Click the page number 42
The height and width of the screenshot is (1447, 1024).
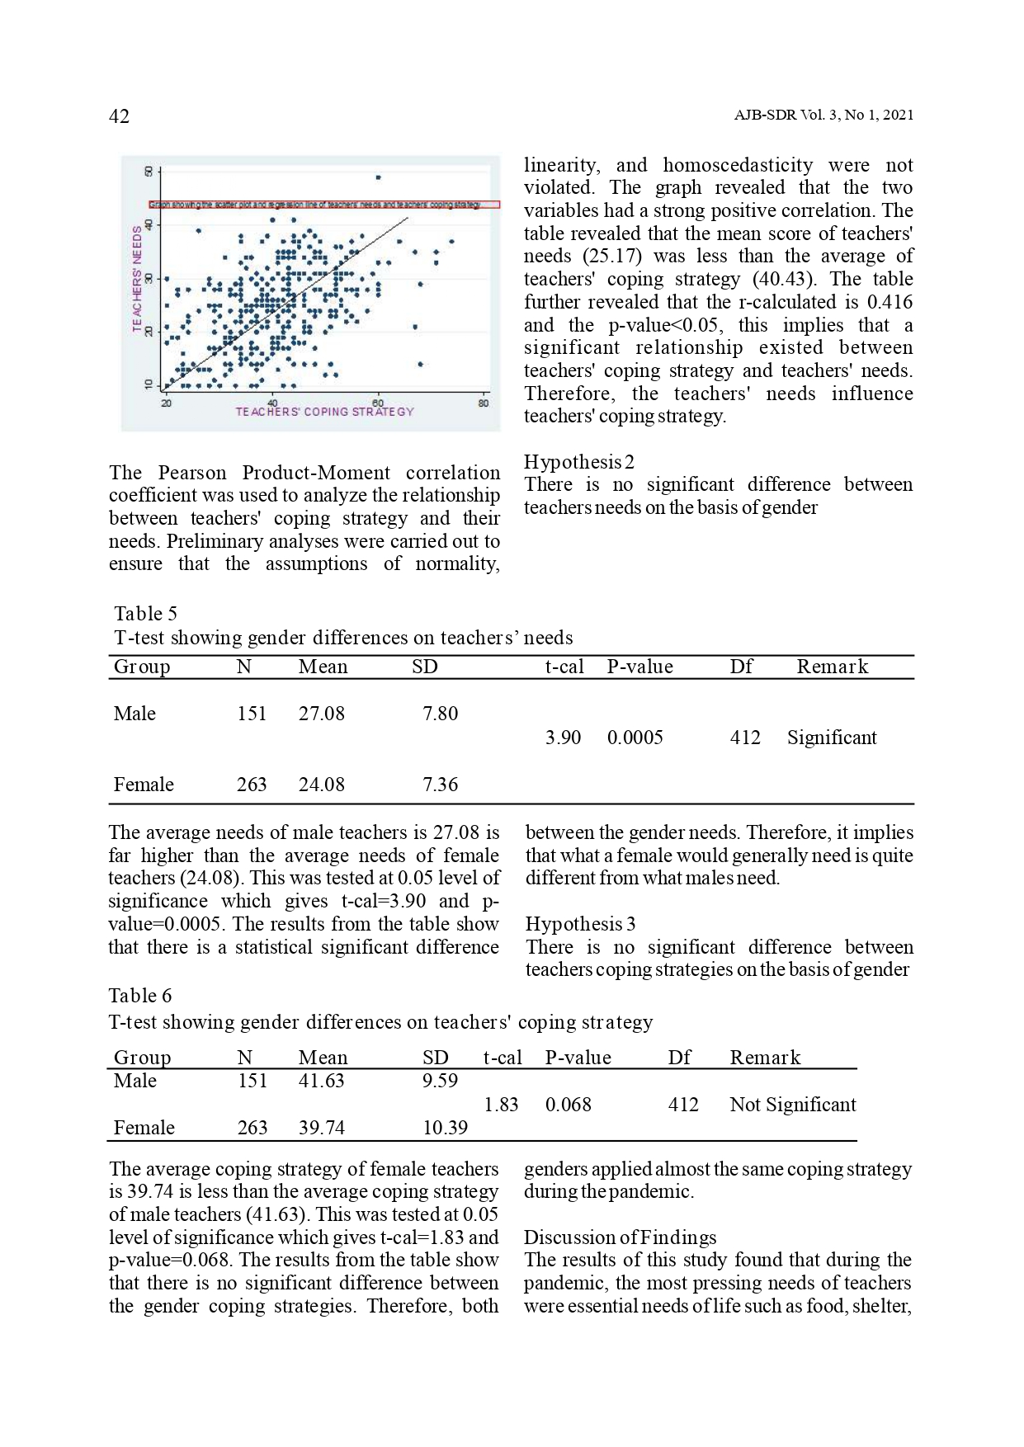click(x=119, y=116)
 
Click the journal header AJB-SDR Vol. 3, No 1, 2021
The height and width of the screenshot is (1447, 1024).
click(x=823, y=115)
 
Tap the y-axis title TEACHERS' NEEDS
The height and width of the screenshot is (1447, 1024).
click(x=138, y=280)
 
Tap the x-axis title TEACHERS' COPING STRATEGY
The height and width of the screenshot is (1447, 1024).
click(x=324, y=412)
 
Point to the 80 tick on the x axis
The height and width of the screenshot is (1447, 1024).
click(x=483, y=403)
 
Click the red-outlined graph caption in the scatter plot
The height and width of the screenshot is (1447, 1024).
click(x=324, y=204)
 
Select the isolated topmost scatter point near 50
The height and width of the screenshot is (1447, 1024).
click(x=378, y=177)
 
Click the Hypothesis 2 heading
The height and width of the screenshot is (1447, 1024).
click(x=578, y=462)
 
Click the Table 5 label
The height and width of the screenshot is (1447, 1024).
click(x=145, y=614)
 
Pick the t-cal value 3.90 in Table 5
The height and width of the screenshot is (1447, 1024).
click(x=563, y=738)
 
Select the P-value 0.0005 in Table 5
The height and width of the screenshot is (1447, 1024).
click(x=635, y=738)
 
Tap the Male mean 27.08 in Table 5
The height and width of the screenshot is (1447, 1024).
click(x=321, y=714)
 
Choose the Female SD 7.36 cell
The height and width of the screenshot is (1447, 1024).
click(x=440, y=785)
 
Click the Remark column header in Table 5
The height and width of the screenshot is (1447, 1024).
click(x=832, y=667)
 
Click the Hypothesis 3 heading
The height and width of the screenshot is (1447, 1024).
click(x=580, y=924)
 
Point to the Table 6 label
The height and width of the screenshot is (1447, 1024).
click(x=140, y=996)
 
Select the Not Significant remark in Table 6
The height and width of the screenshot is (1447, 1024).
click(x=792, y=1105)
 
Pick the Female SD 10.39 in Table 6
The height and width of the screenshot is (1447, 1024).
click(x=445, y=1128)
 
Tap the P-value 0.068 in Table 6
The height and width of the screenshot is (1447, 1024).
click(x=568, y=1105)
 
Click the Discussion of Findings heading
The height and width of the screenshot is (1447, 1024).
click(x=620, y=1237)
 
